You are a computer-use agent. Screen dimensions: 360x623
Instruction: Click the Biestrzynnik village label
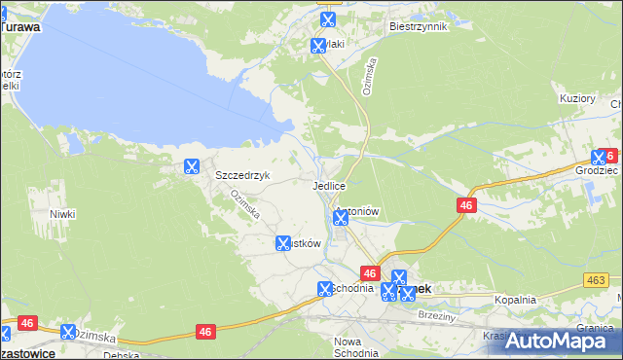[417, 27]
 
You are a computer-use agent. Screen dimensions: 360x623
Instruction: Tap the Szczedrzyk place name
[241, 176]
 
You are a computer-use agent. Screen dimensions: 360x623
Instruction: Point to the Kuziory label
[577, 98]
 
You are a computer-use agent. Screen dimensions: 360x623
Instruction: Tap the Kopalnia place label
[515, 301]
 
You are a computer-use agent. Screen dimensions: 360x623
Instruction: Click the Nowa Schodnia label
[354, 347]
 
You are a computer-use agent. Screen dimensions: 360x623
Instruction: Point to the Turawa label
[20, 27]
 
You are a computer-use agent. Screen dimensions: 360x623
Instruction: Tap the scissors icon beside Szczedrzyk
[191, 166]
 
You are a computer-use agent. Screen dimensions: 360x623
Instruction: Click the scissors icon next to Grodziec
[599, 157]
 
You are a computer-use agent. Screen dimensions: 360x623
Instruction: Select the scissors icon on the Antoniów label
[340, 218]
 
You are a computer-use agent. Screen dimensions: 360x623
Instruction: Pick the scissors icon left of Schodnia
[325, 289]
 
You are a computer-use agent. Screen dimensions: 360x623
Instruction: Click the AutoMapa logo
[559, 342]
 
